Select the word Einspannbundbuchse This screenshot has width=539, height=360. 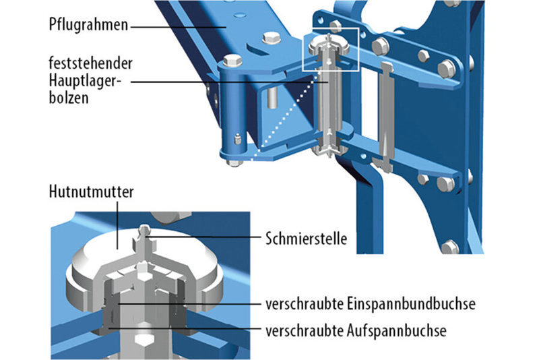pos(410,305)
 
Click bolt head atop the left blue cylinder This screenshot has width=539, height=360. pos(233,59)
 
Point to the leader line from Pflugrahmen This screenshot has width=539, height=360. pos(175,26)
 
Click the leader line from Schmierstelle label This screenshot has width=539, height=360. pos(202,237)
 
